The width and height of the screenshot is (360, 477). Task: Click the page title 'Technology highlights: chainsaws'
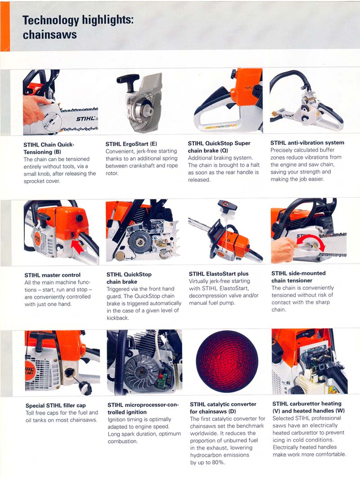(x=78, y=27)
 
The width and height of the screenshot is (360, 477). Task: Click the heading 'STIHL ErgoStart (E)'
(x=131, y=144)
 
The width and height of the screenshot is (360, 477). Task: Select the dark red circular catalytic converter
(x=227, y=361)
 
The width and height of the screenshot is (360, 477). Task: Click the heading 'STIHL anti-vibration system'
(x=307, y=143)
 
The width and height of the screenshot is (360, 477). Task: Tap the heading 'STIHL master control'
(x=52, y=275)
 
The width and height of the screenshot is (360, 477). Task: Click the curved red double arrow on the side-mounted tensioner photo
(x=310, y=239)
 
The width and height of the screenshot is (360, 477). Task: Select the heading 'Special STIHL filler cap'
(x=56, y=406)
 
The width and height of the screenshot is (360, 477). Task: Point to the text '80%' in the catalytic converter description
(x=218, y=463)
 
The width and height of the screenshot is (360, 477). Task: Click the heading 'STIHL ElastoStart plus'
(x=219, y=274)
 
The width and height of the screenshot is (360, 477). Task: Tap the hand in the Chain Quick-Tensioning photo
(x=36, y=110)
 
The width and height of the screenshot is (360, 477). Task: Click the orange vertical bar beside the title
(x=5, y=26)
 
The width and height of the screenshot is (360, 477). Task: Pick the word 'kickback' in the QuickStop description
(x=117, y=318)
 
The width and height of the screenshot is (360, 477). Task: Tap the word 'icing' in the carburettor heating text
(x=279, y=440)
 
